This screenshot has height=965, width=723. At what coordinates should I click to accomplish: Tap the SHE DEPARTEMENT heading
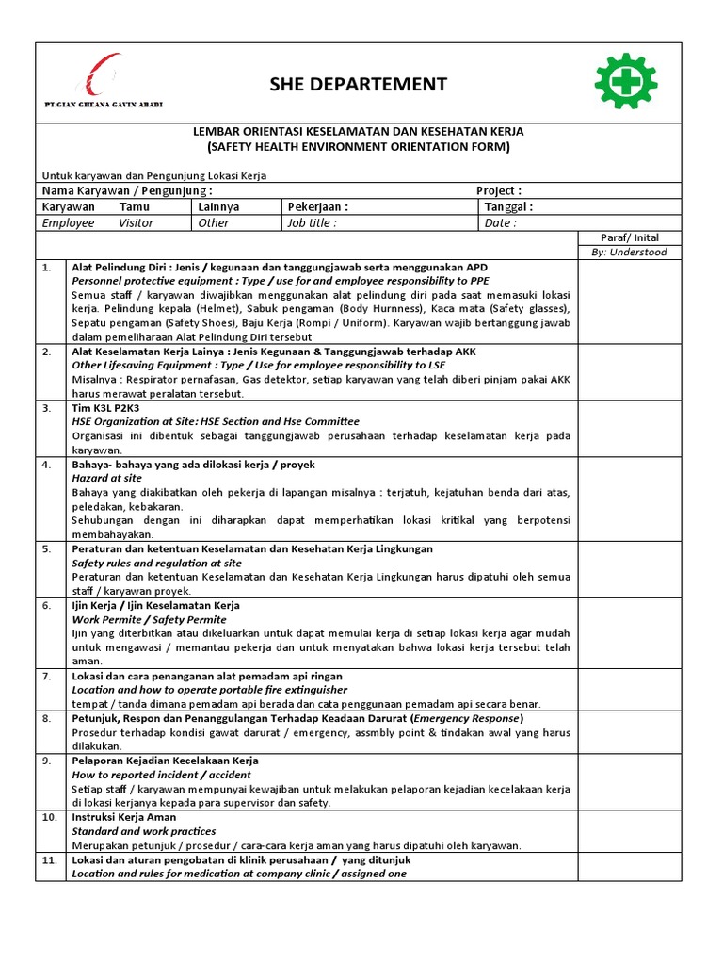pos(371,85)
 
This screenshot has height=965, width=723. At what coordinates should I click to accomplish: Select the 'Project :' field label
pos(499,190)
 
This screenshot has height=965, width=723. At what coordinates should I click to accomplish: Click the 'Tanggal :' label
pos(508,206)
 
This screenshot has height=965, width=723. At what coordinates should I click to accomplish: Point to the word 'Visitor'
pos(136,223)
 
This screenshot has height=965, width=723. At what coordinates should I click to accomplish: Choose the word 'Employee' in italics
pos(69,223)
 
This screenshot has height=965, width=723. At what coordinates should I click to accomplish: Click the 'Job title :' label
pos(312,223)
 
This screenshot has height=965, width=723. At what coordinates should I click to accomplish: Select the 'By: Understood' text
pos(629,252)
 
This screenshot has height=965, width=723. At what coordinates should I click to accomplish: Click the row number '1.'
pos(46,268)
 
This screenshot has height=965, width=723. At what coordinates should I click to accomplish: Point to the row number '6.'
pos(46,605)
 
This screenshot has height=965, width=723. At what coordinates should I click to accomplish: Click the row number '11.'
pos(49,860)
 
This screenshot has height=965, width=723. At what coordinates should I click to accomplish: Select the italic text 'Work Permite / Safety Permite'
pos(150,619)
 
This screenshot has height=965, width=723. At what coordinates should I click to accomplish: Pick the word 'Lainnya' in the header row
pos(218,206)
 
